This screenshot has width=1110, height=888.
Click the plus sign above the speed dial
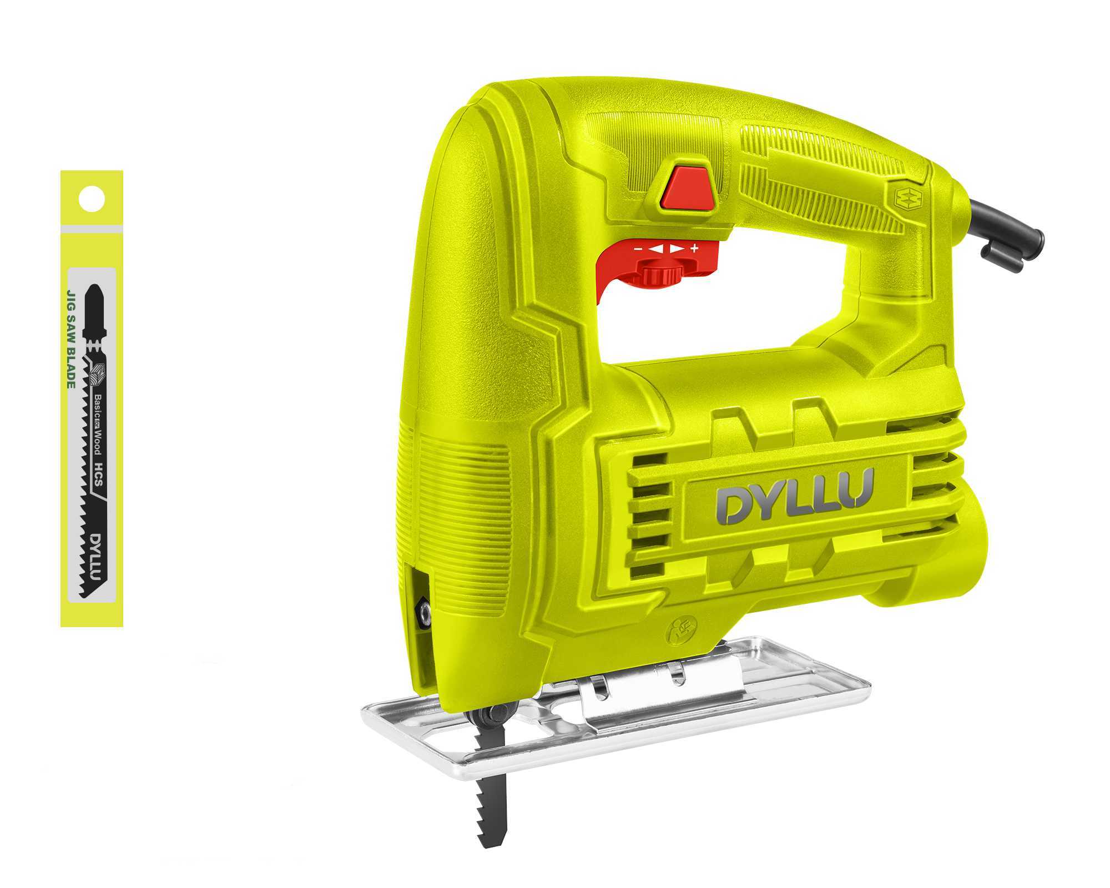694,248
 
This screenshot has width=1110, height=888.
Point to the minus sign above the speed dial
639,249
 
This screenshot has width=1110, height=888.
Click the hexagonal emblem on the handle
909,197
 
